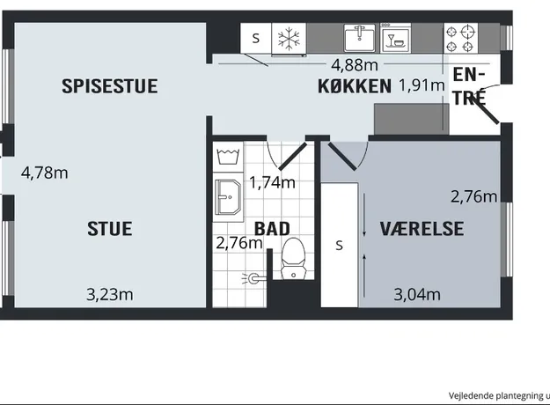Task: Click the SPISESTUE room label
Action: (x=110, y=86)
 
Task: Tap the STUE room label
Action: (x=110, y=229)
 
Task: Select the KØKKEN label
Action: (x=355, y=86)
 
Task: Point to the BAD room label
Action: (x=272, y=229)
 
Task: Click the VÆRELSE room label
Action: (x=422, y=229)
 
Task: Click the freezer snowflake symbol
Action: (x=289, y=39)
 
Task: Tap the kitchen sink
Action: (x=359, y=38)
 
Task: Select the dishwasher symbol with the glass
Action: (x=395, y=39)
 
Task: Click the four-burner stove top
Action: (x=460, y=38)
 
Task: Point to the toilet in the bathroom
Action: (x=293, y=259)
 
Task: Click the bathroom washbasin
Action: (x=228, y=197)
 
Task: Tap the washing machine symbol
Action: (x=228, y=157)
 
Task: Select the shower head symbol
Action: (x=253, y=279)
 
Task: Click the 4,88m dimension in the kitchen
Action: (x=355, y=65)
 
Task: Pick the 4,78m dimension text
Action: (x=45, y=173)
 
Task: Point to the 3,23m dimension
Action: (x=110, y=294)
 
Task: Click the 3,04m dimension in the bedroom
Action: (x=417, y=294)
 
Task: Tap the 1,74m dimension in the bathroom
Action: (x=272, y=182)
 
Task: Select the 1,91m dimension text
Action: (x=422, y=85)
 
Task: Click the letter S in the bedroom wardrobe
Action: (x=339, y=246)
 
